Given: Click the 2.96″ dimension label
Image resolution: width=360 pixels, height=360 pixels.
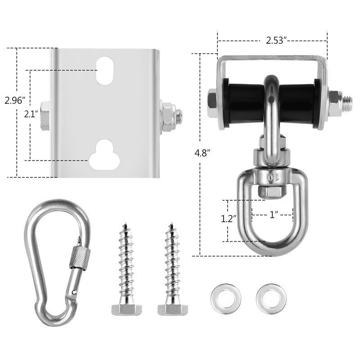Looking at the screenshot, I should (13, 100).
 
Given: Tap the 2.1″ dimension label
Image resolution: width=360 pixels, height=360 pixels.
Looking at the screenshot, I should (31, 114).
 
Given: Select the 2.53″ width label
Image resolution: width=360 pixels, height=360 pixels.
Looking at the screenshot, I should (276, 40).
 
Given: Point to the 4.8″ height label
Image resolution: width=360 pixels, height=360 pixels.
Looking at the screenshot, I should (202, 153).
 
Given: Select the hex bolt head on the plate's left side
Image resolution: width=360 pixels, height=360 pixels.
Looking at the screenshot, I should (44, 116).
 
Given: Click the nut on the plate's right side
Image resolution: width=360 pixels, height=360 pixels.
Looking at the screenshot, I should (168, 116).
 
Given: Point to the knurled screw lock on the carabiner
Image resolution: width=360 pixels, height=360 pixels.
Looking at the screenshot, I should (77, 257).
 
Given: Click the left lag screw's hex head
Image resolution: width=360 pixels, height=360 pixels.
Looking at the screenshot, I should (126, 309).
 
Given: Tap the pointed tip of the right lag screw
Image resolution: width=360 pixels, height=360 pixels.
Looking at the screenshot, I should (171, 224).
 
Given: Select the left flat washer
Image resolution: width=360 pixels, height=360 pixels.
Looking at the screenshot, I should (225, 298).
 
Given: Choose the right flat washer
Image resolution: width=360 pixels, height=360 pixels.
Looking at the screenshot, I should (270, 298).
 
